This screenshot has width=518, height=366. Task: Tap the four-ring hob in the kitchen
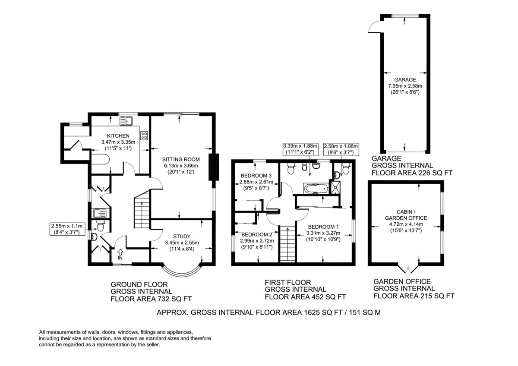click(144, 135)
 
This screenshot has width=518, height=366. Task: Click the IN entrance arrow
click(120, 255)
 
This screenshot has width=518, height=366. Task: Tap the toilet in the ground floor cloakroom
click(100, 225)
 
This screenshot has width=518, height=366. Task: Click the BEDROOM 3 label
click(256, 176)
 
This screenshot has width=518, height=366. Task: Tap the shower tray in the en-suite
click(335, 187)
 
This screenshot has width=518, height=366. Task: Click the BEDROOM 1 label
click(323, 227)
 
